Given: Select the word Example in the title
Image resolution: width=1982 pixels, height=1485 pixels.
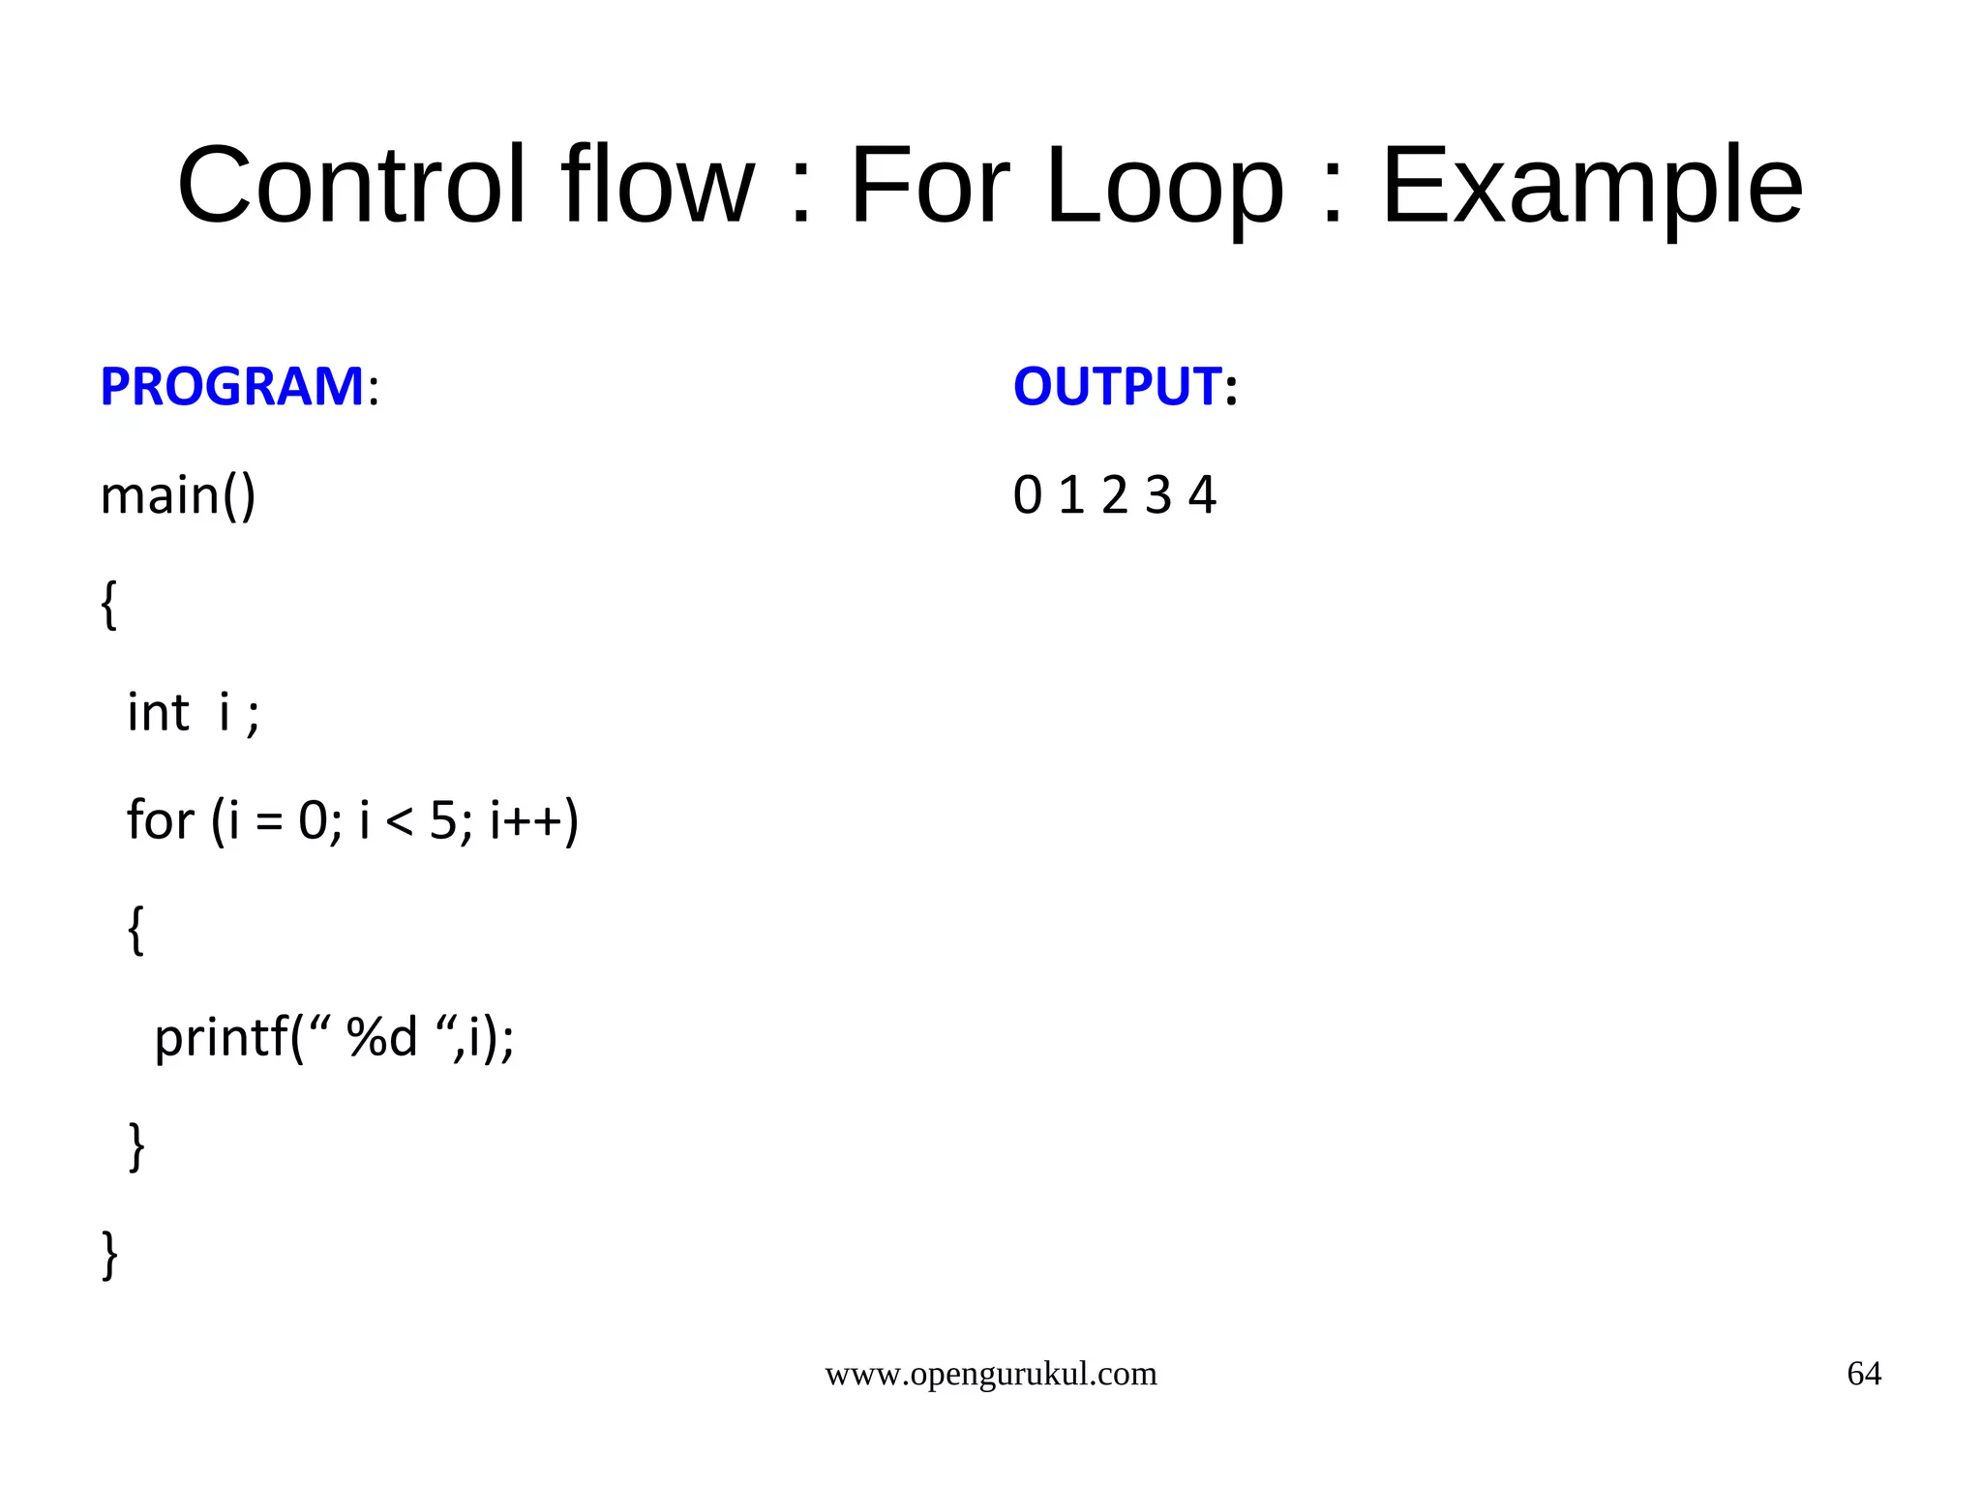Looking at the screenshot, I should [x=1591, y=186].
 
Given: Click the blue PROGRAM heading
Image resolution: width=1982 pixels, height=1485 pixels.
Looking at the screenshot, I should [x=231, y=386].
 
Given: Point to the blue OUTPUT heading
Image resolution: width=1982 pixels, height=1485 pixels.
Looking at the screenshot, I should [x=1116, y=386].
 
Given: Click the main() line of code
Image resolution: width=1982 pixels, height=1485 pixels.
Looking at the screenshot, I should [x=178, y=496].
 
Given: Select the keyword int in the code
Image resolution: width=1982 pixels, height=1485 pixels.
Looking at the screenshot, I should [x=158, y=713].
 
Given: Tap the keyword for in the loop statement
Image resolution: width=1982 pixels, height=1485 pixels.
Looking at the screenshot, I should [x=160, y=820].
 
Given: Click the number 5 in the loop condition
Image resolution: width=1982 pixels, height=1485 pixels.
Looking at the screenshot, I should [x=442, y=821].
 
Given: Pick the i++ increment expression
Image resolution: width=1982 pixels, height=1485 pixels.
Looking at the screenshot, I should [x=526, y=821].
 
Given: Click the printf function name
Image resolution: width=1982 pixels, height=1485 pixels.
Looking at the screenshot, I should [x=221, y=1038].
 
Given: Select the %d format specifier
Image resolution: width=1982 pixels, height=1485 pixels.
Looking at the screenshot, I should [x=381, y=1038].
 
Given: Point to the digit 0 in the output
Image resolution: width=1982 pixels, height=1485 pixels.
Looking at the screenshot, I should [x=1027, y=496].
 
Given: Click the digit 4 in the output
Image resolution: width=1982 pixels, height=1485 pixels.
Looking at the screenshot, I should [x=1202, y=496].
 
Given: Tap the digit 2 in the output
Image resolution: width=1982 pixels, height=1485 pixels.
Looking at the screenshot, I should [x=1115, y=496].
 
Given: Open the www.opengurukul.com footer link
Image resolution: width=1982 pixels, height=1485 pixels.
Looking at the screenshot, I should [x=990, y=1374].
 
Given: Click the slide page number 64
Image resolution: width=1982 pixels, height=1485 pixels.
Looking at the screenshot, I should [x=1864, y=1374].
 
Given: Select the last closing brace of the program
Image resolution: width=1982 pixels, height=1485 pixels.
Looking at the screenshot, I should [x=110, y=1255].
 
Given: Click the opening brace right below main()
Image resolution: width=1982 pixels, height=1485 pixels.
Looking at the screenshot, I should [x=109, y=605].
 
